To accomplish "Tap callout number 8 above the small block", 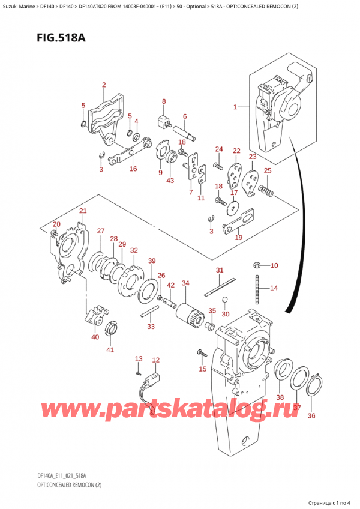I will [163, 101].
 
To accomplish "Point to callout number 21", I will [83, 211].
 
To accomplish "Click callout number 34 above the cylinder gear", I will [185, 283].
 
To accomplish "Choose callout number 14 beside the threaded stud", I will [274, 288].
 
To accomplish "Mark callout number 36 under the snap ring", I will [311, 415].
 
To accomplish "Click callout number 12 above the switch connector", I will [156, 360].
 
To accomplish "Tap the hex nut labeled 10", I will [256, 265].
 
